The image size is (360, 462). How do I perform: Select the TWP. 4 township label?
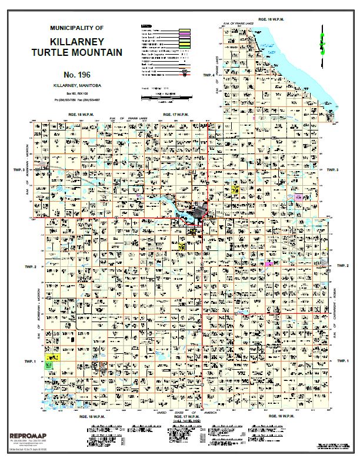click(x=209, y=76)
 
